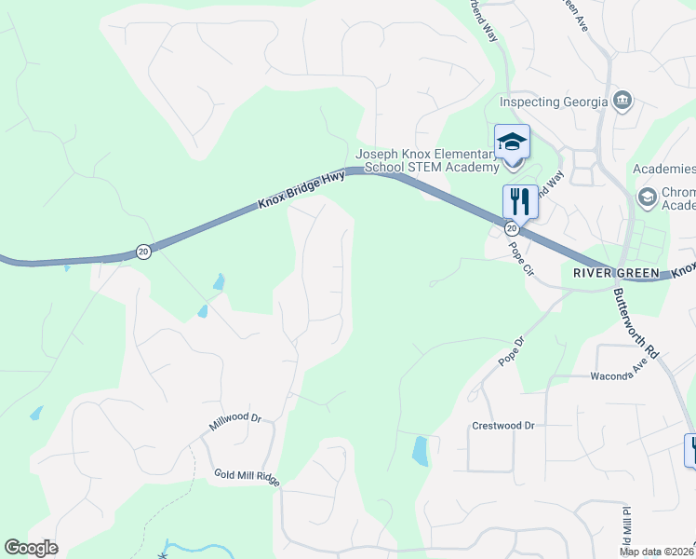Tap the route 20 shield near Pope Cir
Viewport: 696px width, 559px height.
tap(512, 228)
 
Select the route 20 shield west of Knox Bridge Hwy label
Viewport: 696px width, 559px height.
tap(142, 251)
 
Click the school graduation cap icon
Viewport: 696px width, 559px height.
tap(512, 143)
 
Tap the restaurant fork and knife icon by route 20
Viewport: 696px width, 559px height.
tap(520, 200)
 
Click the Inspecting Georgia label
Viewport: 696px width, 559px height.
tap(555, 102)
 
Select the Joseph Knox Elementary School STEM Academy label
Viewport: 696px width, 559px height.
tap(427, 160)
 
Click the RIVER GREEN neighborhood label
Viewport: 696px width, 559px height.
tap(616, 273)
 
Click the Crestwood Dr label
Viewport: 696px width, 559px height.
tap(503, 426)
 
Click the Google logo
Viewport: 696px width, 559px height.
tap(31, 548)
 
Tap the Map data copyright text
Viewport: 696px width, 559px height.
tap(657, 552)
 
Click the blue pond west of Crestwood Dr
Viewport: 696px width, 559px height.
tap(420, 451)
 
